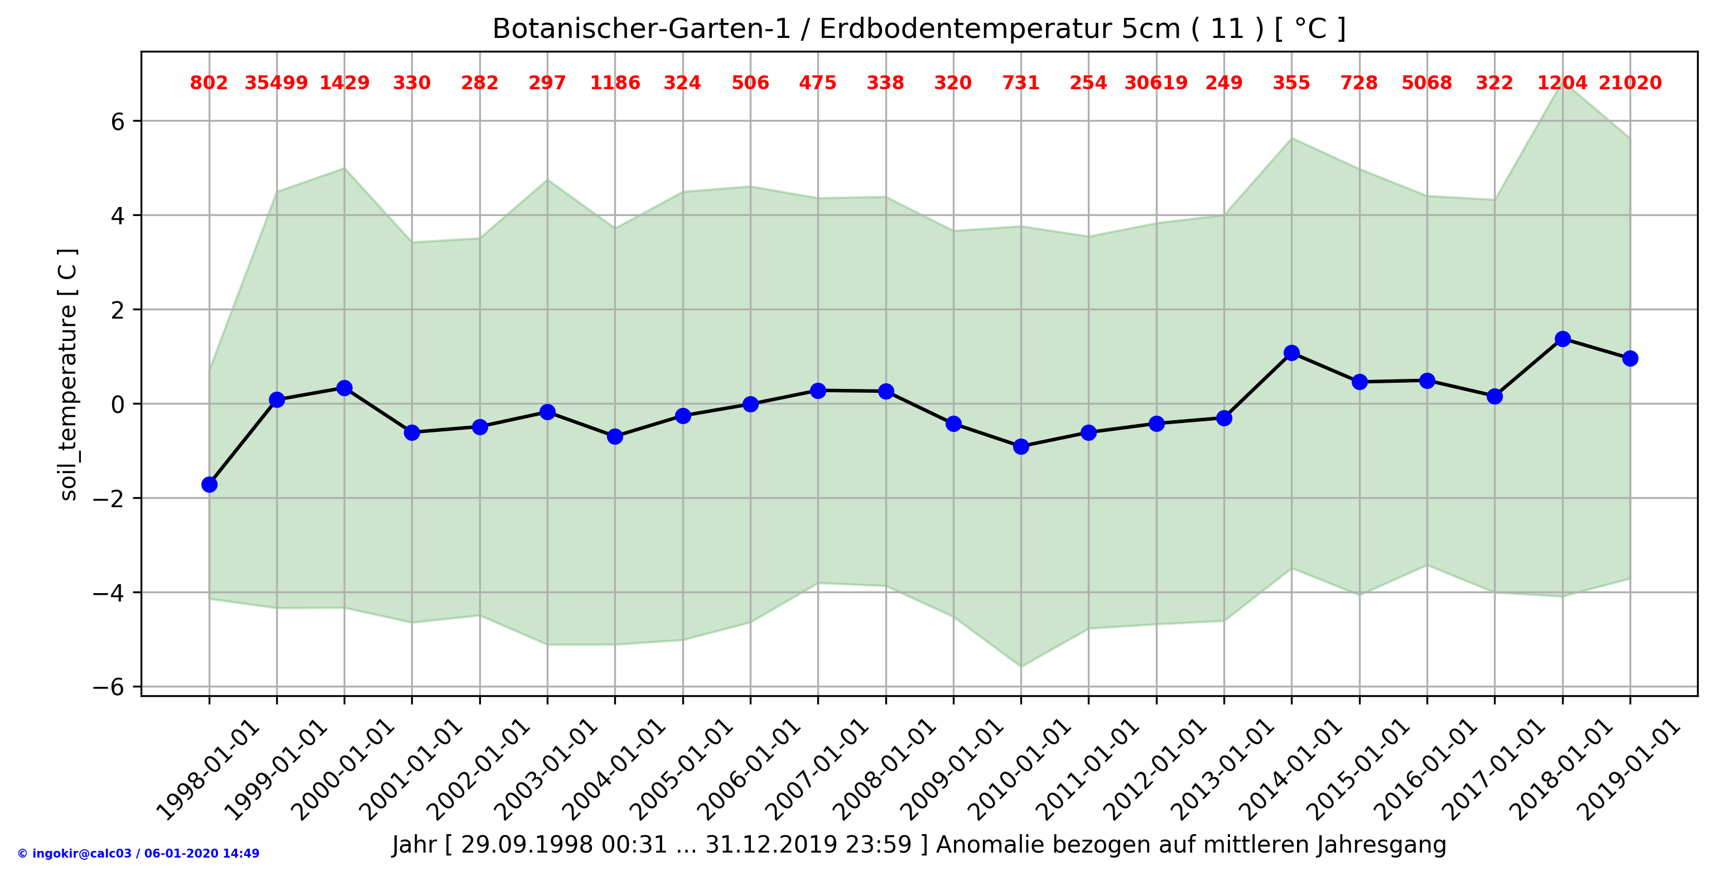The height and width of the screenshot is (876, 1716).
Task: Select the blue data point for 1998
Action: tap(209, 484)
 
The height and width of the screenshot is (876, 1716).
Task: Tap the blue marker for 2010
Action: tap(1020, 446)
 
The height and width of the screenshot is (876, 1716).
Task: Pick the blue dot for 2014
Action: tap(1291, 353)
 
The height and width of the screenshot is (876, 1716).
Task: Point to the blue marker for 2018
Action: tap(1562, 339)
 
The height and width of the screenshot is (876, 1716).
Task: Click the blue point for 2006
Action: tap(750, 404)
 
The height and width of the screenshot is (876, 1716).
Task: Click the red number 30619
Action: tap(1156, 83)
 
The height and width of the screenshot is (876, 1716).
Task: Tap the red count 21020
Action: tap(1630, 83)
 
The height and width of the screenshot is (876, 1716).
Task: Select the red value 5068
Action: tap(1426, 83)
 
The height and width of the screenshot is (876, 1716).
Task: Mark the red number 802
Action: tap(209, 83)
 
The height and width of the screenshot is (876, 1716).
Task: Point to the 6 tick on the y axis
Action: tap(118, 121)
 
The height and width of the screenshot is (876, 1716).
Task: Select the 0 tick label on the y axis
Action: tap(118, 405)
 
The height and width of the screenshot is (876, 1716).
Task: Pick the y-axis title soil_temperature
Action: tap(69, 374)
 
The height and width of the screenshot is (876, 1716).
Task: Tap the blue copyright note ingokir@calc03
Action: tap(138, 853)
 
